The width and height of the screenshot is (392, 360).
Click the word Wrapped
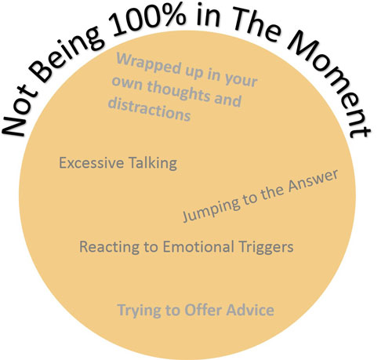point(148,63)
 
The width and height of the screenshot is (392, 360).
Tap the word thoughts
point(178,92)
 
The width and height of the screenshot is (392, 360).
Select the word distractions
point(149,109)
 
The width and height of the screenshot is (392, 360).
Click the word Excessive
point(91,163)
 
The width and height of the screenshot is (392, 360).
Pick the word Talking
point(153,163)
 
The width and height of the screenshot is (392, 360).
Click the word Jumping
point(211,209)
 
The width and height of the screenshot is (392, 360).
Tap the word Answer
point(313,180)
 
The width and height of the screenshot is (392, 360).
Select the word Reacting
point(109,247)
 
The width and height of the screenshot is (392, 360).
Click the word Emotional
point(198,246)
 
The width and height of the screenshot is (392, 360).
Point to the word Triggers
point(266,247)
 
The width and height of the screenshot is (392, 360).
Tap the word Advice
point(250,310)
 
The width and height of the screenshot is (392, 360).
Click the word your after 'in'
point(241,79)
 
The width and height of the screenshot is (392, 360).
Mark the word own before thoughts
point(127,83)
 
